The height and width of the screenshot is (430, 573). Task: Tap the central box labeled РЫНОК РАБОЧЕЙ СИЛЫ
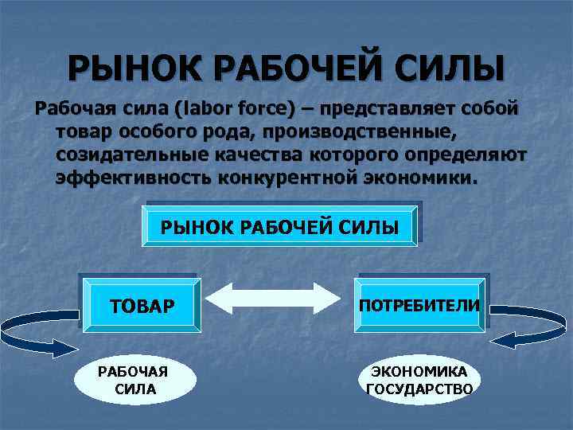pyautogui.click(x=279, y=225)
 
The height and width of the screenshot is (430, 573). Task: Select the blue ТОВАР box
pyautogui.click(x=140, y=306)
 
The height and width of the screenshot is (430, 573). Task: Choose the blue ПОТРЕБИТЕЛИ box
pyautogui.click(x=419, y=305)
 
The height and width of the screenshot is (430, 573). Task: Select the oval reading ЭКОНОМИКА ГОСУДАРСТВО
pyautogui.click(x=419, y=379)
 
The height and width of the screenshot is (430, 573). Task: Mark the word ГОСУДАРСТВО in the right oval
pyautogui.click(x=419, y=389)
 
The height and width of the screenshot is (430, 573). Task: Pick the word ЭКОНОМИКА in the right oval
pyautogui.click(x=419, y=371)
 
